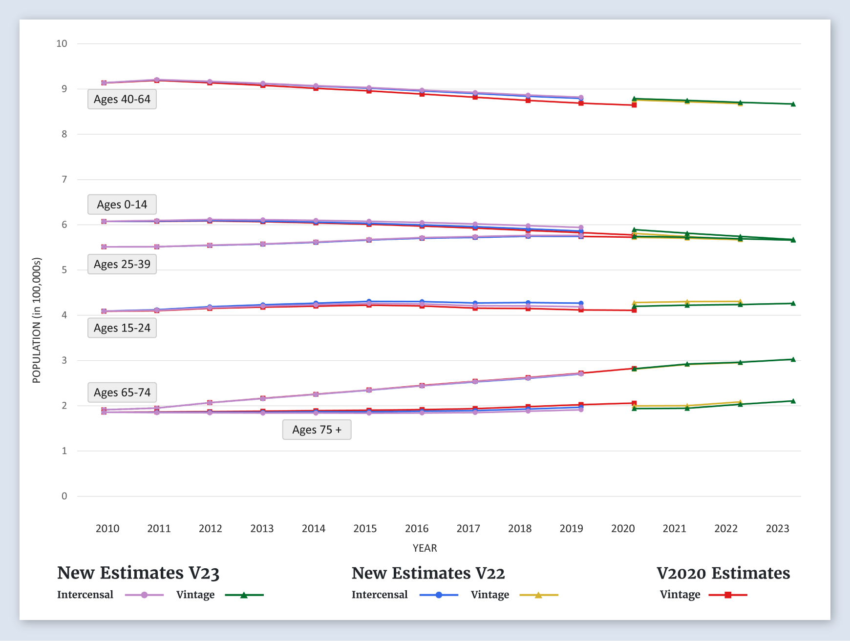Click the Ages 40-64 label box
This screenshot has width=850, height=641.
coord(122,99)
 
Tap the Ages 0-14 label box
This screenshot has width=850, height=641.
coord(122,205)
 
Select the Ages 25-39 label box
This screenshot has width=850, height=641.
coord(122,264)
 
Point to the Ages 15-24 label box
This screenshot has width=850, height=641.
coord(122,328)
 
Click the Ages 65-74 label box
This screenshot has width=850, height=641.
coord(122,393)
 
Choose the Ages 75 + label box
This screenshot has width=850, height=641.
coord(317,430)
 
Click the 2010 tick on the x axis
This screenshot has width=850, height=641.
coord(107,528)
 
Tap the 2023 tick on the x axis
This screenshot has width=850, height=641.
coord(777,528)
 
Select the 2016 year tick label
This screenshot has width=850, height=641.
coord(417,528)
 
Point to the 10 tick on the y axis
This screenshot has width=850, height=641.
coord(62,43)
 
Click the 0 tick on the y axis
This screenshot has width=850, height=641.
coord(64,496)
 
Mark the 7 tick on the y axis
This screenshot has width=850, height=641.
coord(64,179)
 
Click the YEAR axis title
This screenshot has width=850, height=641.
coord(425,548)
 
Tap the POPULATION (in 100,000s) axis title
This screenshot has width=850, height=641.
coord(37,320)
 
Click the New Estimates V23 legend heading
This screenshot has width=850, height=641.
coord(138,573)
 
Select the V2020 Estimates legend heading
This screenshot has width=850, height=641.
coord(723,573)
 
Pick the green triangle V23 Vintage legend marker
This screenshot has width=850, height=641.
coord(244,595)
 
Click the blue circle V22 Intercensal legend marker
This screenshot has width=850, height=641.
coord(439,595)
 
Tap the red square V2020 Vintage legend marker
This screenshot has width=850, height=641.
coord(728,595)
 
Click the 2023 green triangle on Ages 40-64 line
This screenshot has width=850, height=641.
coord(793,104)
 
